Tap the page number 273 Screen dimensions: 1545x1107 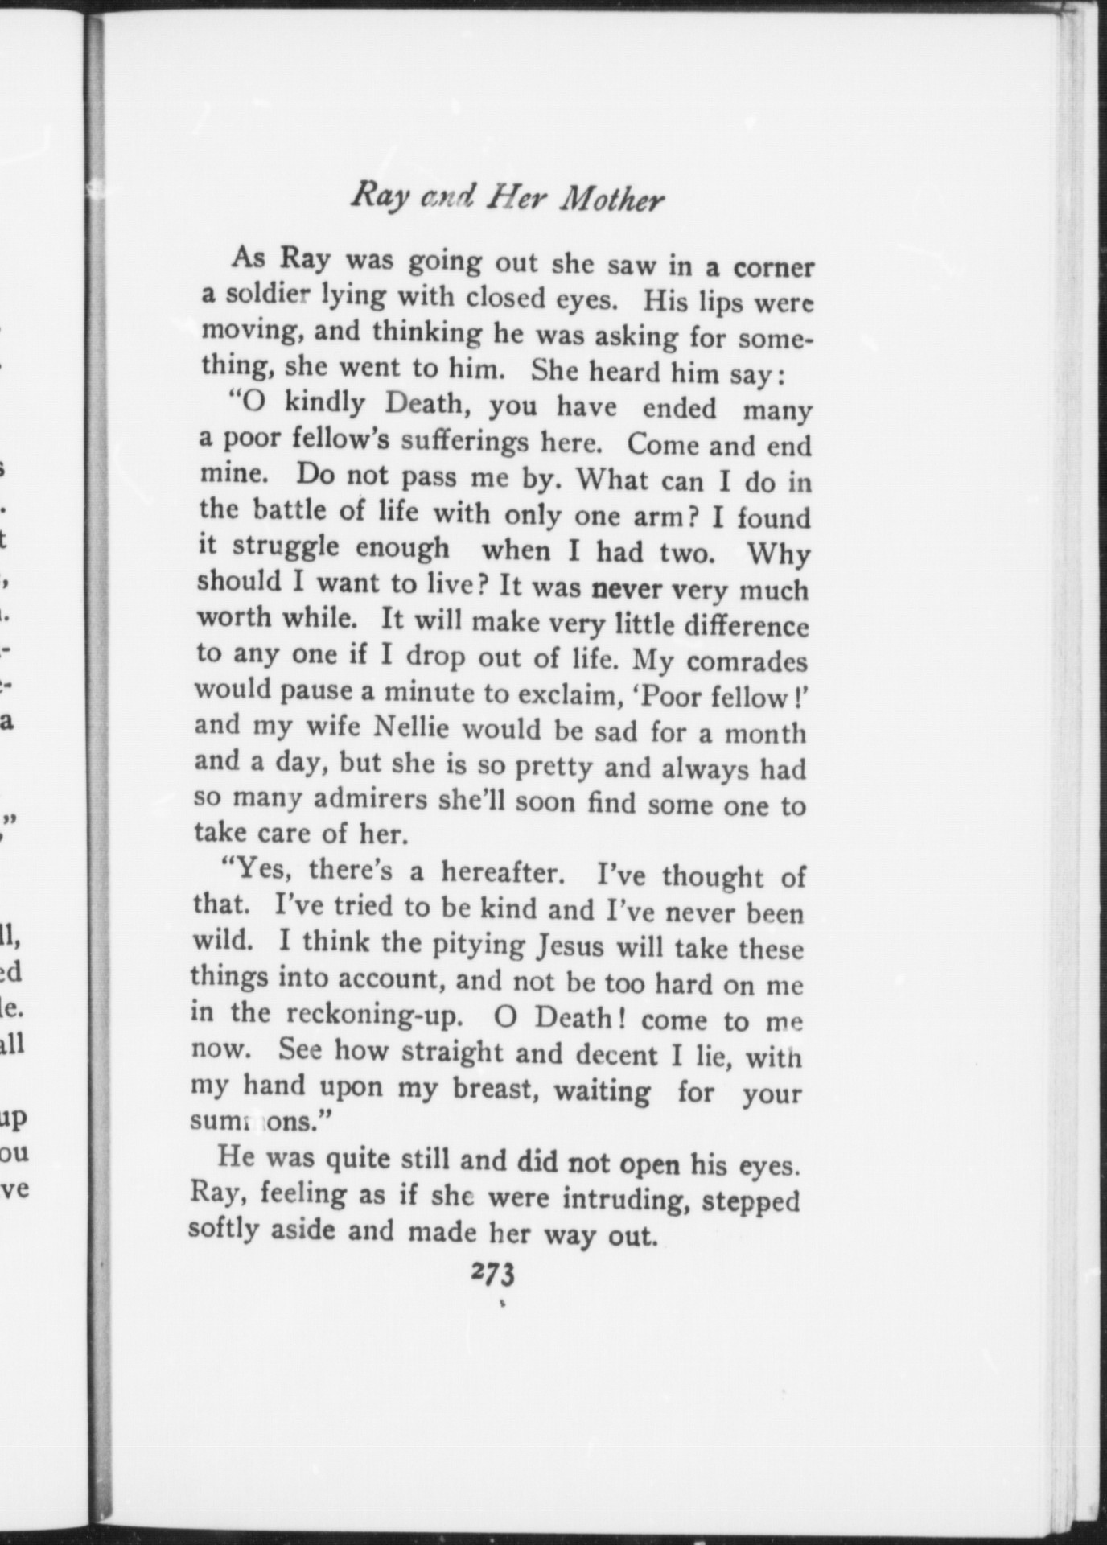pos(493,1275)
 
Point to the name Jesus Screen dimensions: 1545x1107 pos(569,946)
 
